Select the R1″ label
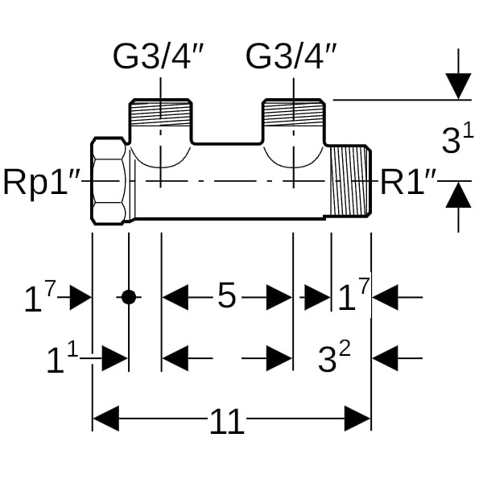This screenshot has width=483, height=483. pos(409,183)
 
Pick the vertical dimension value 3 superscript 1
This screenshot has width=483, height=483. pos(456,140)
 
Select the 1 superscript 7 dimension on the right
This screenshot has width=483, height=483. pos(352,298)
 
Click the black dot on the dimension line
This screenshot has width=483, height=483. pos(129,297)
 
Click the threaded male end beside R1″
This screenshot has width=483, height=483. pos(350,180)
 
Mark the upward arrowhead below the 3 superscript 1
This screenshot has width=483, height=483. pos(458,195)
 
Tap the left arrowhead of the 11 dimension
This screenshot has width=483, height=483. pos(106,419)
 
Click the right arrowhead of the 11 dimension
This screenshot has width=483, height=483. pos(357,419)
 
